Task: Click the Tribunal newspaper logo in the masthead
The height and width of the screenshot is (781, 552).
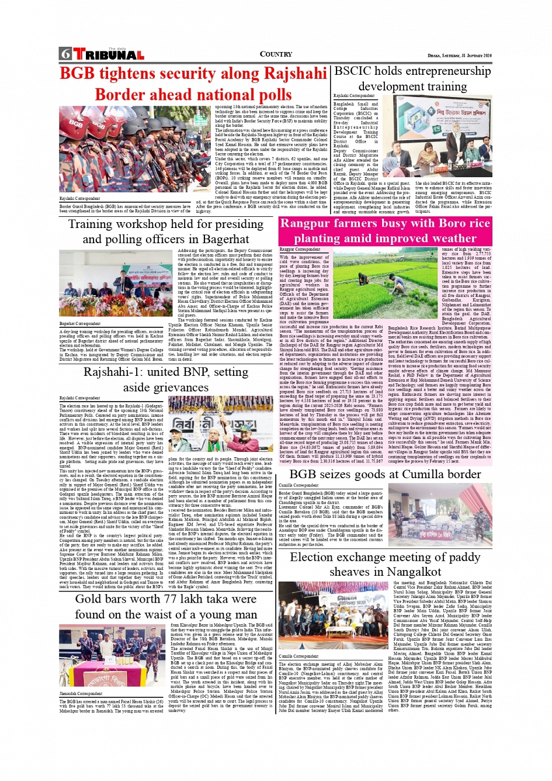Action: click(x=102, y=54)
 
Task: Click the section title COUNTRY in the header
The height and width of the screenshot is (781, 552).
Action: click(x=276, y=54)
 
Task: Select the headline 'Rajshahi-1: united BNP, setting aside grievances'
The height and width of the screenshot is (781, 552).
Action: click(x=166, y=379)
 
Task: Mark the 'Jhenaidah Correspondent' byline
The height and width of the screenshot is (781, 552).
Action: click(x=81, y=694)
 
